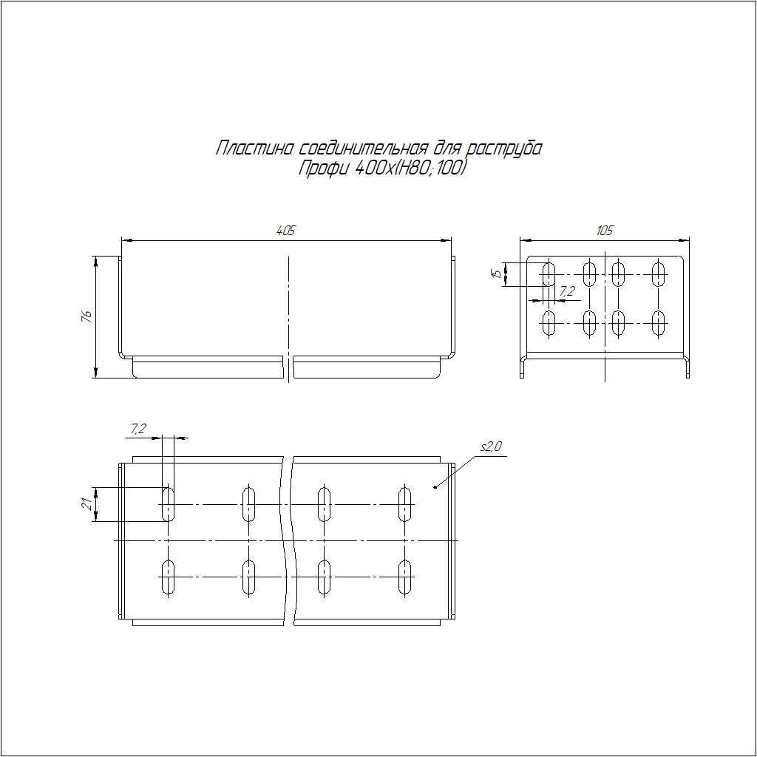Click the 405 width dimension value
[285, 231]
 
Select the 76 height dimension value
[86, 316]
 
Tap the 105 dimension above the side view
[605, 231]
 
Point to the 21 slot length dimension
[87, 504]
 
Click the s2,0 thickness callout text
[491, 447]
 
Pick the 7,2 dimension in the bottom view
[138, 429]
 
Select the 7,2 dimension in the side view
[567, 291]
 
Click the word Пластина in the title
[254, 148]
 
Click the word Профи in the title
[323, 168]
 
